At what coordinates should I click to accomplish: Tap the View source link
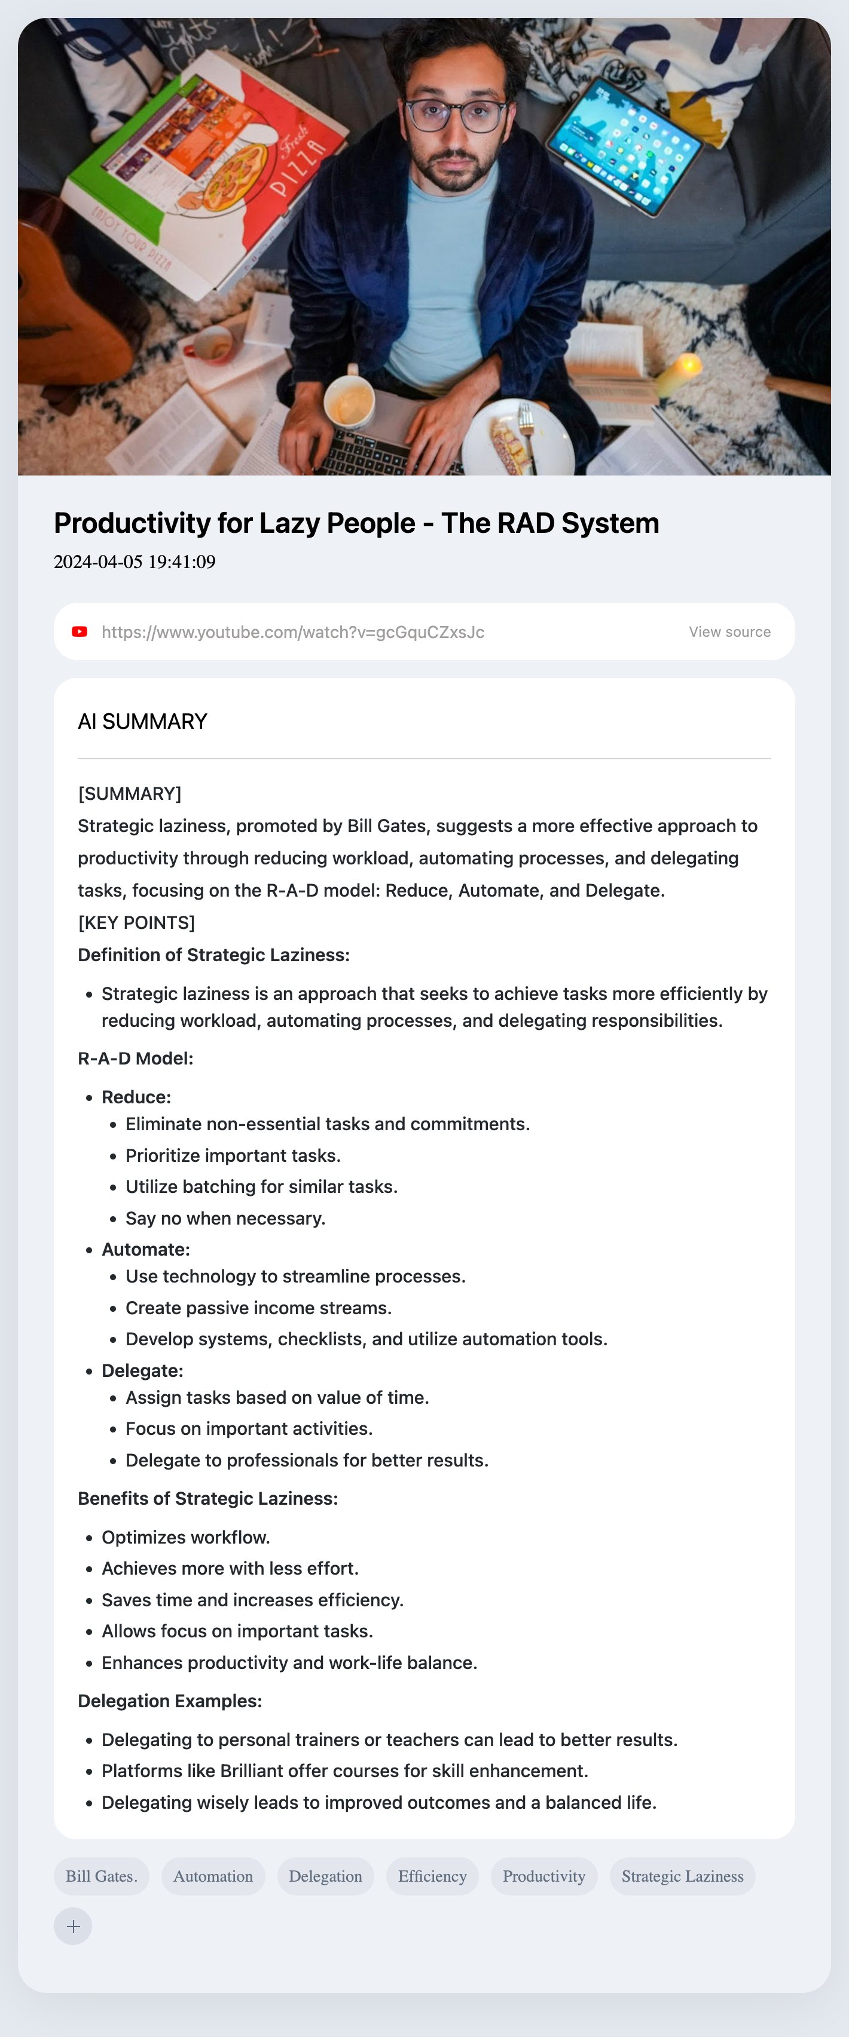tap(729, 632)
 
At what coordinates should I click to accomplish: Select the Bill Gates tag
tap(101, 1876)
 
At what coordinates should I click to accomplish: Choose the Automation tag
tap(213, 1876)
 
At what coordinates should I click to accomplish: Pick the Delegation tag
tap(325, 1876)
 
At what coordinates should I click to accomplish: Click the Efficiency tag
tap(432, 1876)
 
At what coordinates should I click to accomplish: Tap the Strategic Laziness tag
tap(682, 1876)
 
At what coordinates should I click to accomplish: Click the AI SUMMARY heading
tap(142, 721)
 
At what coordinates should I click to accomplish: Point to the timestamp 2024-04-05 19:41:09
tap(135, 562)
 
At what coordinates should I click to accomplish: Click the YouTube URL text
tap(293, 632)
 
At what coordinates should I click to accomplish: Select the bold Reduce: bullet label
tap(136, 1097)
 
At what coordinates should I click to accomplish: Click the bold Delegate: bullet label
tap(142, 1370)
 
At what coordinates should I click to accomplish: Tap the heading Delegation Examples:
tap(169, 1700)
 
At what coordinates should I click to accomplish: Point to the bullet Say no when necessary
tap(225, 1218)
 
